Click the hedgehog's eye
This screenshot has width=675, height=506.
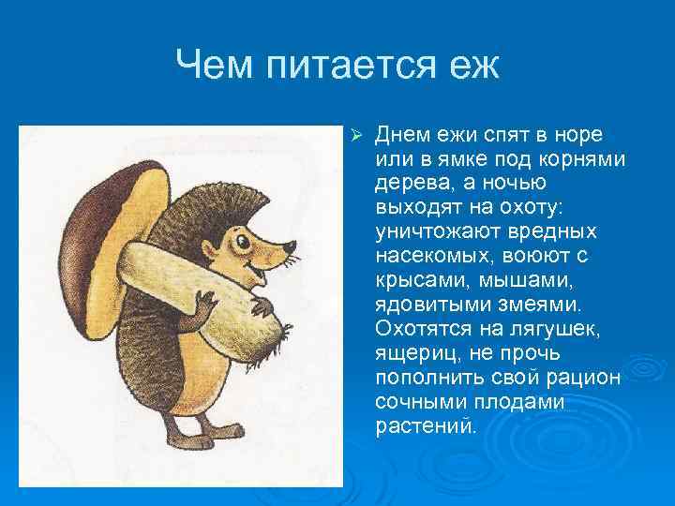[247, 245]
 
